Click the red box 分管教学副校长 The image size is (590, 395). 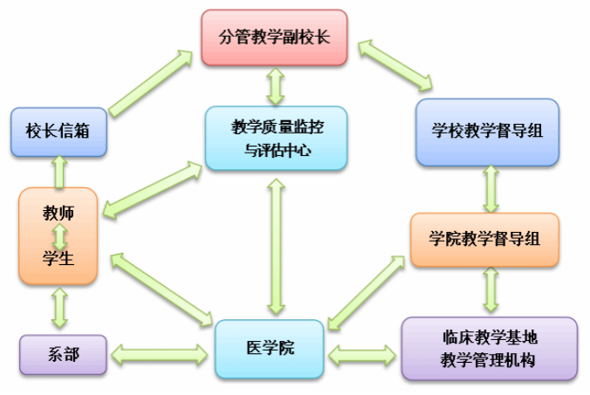pyautogui.click(x=273, y=37)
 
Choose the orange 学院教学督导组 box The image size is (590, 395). pyautogui.click(x=484, y=237)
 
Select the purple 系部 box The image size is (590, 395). pyautogui.click(x=63, y=356)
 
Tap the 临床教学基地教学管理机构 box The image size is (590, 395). pyautogui.click(x=489, y=348)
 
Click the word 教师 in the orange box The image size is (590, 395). pyautogui.click(x=58, y=212)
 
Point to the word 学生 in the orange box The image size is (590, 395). pyautogui.click(x=58, y=258)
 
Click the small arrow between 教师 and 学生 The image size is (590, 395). pyautogui.click(x=59, y=235)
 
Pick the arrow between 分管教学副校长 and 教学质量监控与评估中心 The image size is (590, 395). pyautogui.click(x=276, y=85)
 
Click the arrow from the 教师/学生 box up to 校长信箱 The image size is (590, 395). pyautogui.click(x=59, y=172)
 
